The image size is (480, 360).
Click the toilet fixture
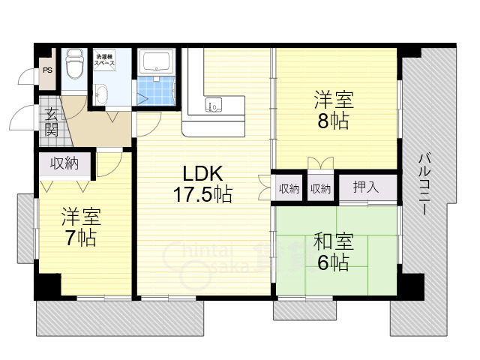[x=74, y=65]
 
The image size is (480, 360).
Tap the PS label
[x=47, y=70]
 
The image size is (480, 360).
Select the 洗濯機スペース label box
[x=103, y=61]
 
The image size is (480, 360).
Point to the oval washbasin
[x=101, y=94]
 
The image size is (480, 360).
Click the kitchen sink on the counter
[x=214, y=106]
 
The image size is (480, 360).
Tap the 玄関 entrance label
[x=52, y=121]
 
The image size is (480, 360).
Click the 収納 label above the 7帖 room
[x=64, y=163]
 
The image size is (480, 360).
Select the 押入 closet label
[x=366, y=187]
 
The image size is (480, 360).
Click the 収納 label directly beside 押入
[x=320, y=188]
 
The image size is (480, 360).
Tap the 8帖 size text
[x=333, y=121]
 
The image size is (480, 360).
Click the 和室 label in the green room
[x=333, y=241]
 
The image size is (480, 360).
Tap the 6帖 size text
[x=333, y=263]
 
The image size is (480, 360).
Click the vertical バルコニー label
[x=424, y=184]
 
